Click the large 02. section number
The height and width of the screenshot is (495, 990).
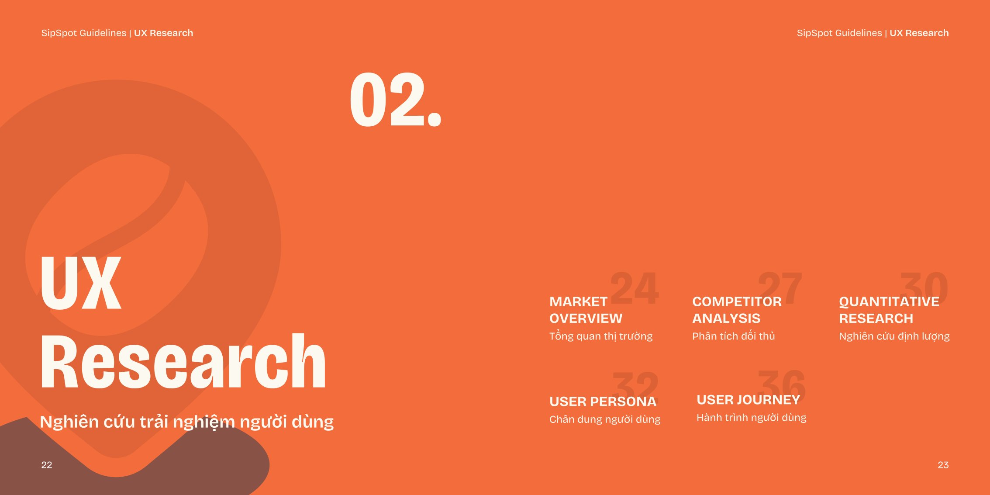(396, 100)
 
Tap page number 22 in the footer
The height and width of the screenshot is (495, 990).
(47, 465)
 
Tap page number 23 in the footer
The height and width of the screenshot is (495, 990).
(943, 465)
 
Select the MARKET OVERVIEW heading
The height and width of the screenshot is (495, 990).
(586, 310)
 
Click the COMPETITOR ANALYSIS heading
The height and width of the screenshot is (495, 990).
(737, 310)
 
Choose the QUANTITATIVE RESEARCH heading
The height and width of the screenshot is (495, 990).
(889, 310)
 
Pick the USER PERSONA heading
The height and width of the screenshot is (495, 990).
(603, 402)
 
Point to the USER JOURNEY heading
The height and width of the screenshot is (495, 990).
(748, 400)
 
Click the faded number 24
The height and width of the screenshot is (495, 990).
(634, 287)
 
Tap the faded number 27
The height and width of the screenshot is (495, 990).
(780, 287)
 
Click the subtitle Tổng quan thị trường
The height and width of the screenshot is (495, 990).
(601, 336)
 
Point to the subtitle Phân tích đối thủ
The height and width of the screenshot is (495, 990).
(734, 336)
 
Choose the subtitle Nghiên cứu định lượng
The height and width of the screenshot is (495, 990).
(894, 336)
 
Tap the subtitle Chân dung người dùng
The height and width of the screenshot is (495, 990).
(605, 419)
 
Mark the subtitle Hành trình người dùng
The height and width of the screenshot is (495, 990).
(752, 418)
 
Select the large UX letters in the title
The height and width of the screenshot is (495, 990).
(81, 282)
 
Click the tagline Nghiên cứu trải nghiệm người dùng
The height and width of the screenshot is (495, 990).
(187, 422)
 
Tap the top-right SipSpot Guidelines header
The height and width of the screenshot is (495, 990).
(873, 33)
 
